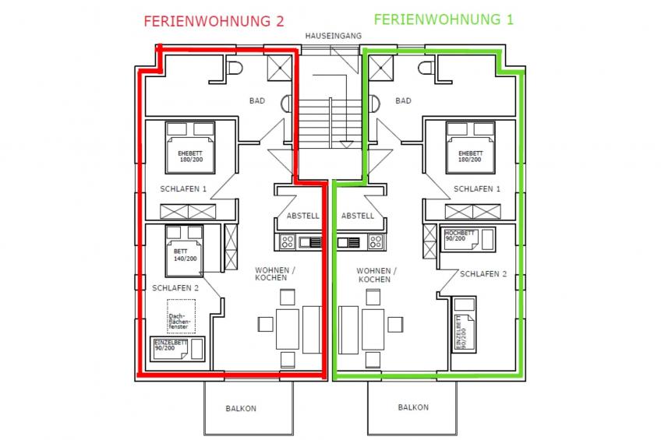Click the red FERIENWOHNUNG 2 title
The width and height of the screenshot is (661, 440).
pyautogui.click(x=214, y=21)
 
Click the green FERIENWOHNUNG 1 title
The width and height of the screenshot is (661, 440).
pyautogui.click(x=444, y=19)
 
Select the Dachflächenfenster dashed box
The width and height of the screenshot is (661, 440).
pyautogui.click(x=182, y=319)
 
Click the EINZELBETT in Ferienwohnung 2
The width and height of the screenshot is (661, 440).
pyautogui.click(x=179, y=347)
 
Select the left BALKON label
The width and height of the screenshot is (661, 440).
pyautogui.click(x=242, y=407)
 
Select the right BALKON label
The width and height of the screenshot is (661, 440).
pyautogui.click(x=413, y=407)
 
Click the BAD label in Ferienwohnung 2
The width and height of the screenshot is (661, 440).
pyautogui.click(x=257, y=100)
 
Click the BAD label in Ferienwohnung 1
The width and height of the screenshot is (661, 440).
pyautogui.click(x=403, y=100)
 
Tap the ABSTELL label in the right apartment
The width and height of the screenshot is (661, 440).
pyautogui.click(x=358, y=216)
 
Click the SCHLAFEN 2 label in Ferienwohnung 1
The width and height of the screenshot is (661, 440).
pyautogui.click(x=483, y=274)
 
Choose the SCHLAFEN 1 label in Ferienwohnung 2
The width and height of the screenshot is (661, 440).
pyautogui.click(x=183, y=189)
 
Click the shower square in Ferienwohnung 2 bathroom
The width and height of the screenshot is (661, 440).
pyautogui.click(x=280, y=71)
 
